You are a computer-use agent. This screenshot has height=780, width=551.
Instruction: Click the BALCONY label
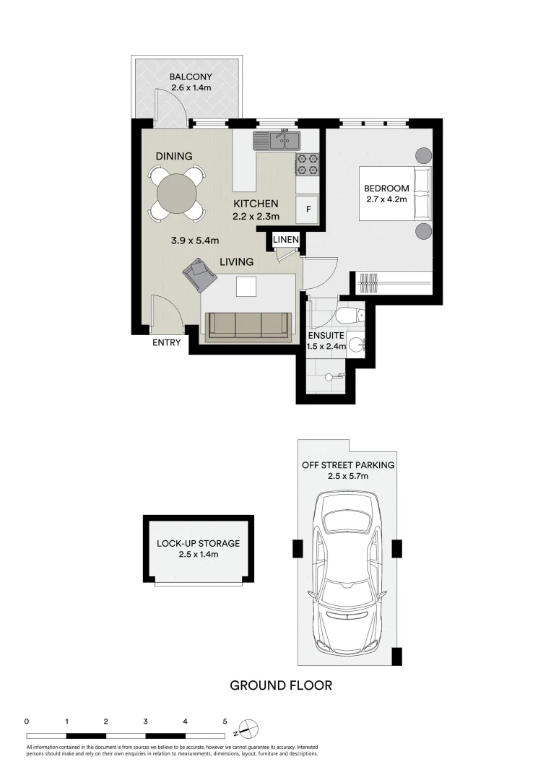(191, 77)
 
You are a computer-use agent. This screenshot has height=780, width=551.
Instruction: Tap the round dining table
(176, 193)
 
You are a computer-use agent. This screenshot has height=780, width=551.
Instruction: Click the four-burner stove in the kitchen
(307, 165)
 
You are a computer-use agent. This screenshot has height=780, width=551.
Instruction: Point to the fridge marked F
(308, 209)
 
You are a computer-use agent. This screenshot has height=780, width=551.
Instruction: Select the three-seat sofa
(249, 326)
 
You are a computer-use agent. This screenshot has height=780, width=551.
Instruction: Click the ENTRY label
(166, 343)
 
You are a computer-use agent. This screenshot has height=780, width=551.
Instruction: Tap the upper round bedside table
(422, 155)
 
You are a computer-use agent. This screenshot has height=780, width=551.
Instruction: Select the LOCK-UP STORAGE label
(198, 543)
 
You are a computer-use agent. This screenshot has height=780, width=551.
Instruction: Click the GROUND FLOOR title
(281, 685)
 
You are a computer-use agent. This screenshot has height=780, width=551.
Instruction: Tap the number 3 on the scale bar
(146, 721)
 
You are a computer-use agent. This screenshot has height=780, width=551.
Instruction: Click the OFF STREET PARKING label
(348, 465)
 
